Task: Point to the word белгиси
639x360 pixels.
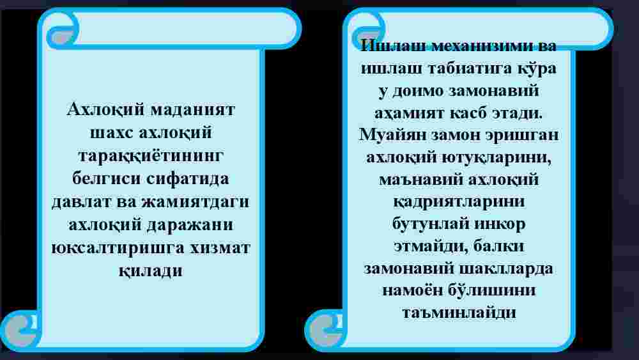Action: pyautogui.click(x=106, y=178)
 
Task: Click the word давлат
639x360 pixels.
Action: pyautogui.click(x=81, y=202)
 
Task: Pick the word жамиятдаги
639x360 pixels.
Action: pyautogui.click(x=195, y=202)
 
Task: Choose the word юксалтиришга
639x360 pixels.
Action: pyautogui.click(x=118, y=248)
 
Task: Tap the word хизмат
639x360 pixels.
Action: pyautogui.click(x=220, y=248)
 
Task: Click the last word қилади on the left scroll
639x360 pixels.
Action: pyautogui.click(x=151, y=270)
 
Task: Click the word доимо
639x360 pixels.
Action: pyautogui.click(x=417, y=91)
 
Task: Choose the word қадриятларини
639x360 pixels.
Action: pyautogui.click(x=459, y=202)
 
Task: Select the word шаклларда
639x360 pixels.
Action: pyautogui.click(x=505, y=269)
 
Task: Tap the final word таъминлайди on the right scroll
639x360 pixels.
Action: pyautogui.click(x=459, y=313)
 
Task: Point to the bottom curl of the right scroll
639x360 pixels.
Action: pyautogui.click(x=326, y=329)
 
